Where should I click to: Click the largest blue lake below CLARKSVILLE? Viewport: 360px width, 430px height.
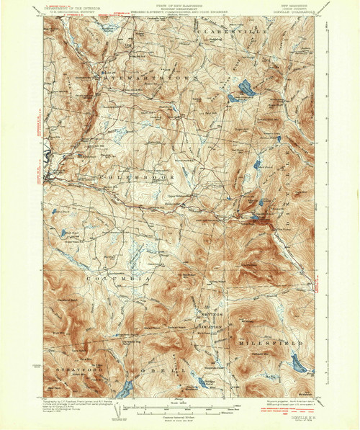click(x=243, y=89)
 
